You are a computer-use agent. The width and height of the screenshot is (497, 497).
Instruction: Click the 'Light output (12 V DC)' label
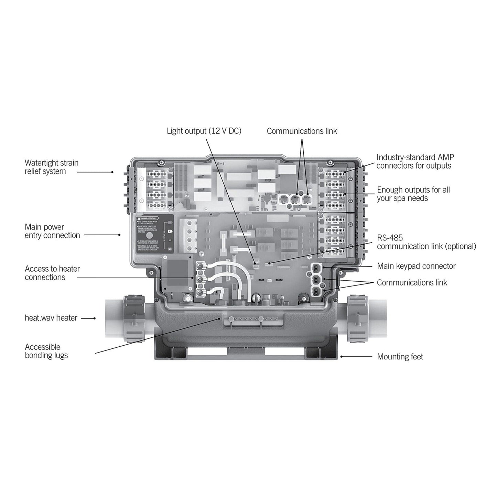pos(204,131)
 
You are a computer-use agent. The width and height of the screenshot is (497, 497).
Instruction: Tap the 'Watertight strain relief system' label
pos(52,167)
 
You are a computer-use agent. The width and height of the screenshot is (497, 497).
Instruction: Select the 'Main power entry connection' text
pos(52,231)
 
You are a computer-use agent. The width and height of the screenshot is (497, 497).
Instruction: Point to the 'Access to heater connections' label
pos(52,273)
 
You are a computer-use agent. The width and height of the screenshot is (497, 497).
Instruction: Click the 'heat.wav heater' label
pos(51,318)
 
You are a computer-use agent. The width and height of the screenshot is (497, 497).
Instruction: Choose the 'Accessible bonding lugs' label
pos(46,351)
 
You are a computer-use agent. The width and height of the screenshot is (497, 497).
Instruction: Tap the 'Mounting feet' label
pos(400,357)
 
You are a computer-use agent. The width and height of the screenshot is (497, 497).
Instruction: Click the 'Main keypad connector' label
pos(416,266)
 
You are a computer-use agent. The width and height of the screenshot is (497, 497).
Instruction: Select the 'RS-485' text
pos(390,238)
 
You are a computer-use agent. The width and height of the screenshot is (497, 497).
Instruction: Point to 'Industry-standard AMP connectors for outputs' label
pos(415,162)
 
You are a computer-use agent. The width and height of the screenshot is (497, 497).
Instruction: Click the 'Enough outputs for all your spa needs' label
pos(413,194)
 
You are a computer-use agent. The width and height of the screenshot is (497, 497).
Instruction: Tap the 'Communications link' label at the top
pos(302,131)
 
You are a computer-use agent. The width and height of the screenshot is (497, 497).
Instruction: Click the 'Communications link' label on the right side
pos(412,283)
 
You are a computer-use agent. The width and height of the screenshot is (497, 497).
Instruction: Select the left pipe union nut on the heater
pos(132,318)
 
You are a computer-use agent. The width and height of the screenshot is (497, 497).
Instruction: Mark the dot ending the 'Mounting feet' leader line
pos(342,357)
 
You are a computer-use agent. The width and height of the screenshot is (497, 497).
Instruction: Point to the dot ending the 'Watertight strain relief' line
pos(112,172)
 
